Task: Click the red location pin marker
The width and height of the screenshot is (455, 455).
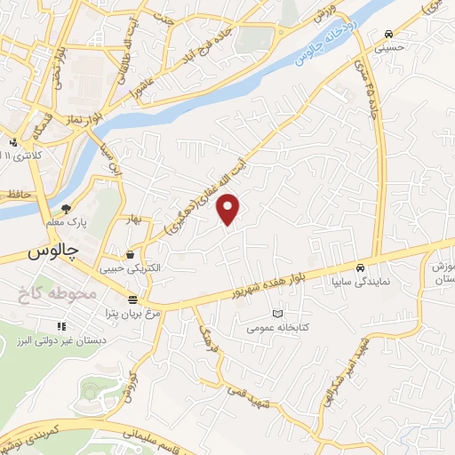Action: (x=229, y=208)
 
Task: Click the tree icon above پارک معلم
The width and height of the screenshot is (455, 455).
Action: (x=66, y=210)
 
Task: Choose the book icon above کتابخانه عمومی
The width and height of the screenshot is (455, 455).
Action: (x=277, y=314)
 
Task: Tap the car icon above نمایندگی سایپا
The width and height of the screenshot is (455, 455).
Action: (x=359, y=267)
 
